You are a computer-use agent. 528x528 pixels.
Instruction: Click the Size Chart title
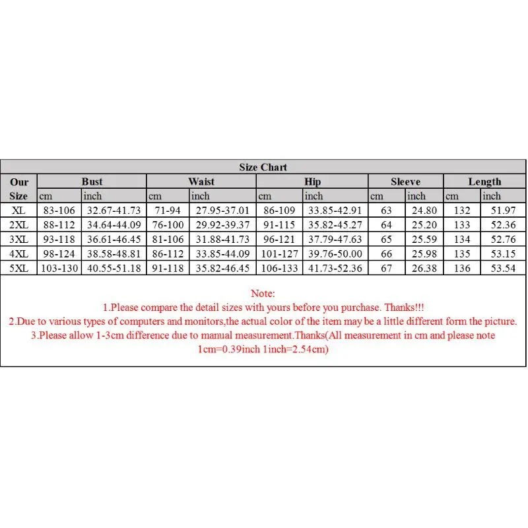[x=263, y=167]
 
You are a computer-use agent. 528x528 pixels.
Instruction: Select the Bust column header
[x=92, y=181]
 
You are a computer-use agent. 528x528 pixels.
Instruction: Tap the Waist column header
[x=201, y=181]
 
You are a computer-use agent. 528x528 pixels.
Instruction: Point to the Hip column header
[x=312, y=181]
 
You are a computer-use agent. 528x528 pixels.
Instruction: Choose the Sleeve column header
[x=405, y=181]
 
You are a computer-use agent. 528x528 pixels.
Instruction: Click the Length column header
[x=484, y=181]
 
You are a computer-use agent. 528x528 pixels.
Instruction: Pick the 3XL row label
[x=18, y=240]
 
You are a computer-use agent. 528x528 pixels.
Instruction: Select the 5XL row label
[x=18, y=269]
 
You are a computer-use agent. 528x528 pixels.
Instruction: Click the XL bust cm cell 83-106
[x=59, y=211]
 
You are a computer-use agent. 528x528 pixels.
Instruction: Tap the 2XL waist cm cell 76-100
[x=168, y=225]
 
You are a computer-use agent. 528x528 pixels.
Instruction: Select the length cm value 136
[x=462, y=269]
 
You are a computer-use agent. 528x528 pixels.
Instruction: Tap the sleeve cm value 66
[x=386, y=254]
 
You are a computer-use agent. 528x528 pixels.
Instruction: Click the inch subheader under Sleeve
[x=416, y=196]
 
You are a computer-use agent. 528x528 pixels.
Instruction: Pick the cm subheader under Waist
[x=155, y=196]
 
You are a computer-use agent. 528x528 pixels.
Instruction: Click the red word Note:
[x=263, y=293]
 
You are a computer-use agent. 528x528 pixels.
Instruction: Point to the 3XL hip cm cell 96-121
[x=279, y=240]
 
